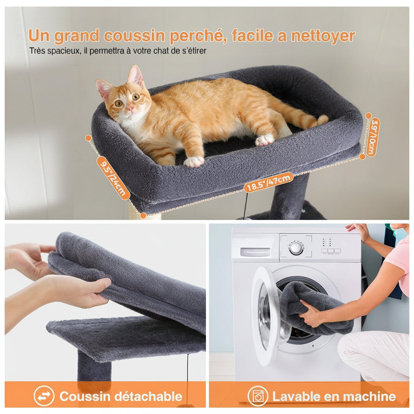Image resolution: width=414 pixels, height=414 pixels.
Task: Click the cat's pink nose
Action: click(130, 109)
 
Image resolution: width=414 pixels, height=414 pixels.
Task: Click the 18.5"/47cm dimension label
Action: click(268, 182)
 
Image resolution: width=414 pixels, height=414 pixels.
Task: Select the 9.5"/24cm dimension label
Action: click(113, 178)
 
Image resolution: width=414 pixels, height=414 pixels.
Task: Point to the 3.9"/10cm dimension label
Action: click(373, 137)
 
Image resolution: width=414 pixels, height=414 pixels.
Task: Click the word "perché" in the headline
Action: click(195, 36)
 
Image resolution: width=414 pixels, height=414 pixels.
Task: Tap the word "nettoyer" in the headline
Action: click(323, 36)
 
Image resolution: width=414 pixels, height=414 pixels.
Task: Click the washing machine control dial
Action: click(296, 248)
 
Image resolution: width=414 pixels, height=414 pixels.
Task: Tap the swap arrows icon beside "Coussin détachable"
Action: click(44, 396)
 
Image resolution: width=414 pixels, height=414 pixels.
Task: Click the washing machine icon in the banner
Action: click(258, 396)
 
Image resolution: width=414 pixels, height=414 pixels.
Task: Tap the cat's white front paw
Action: click(194, 162)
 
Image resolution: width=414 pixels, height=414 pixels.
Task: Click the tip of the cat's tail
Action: click(323, 119)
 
